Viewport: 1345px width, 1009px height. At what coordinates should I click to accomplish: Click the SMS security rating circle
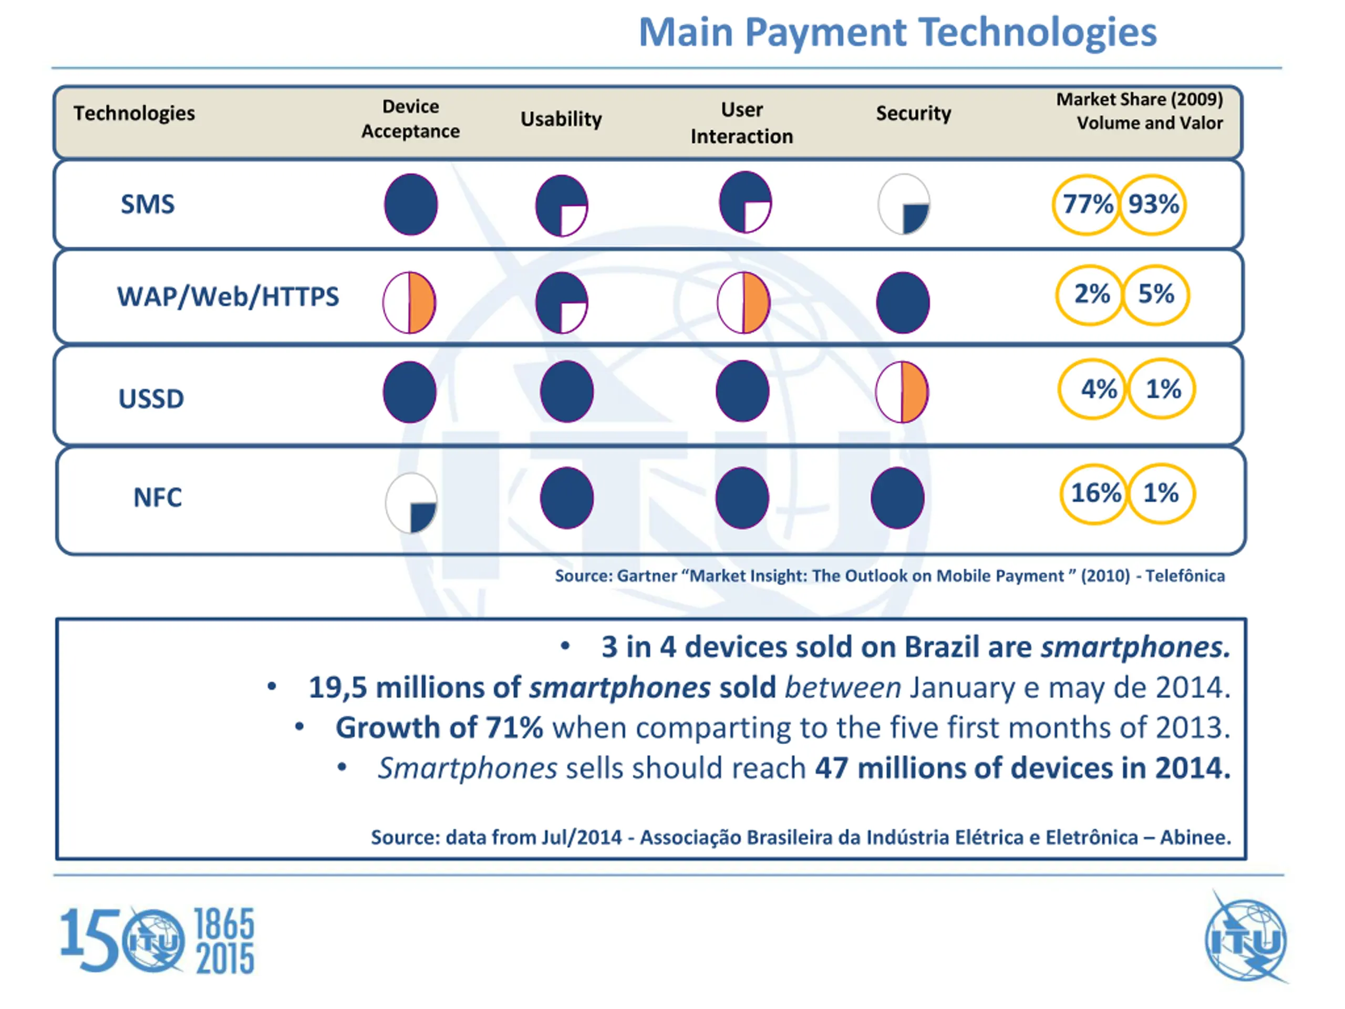click(x=904, y=204)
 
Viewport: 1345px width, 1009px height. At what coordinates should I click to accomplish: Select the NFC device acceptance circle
click(x=411, y=503)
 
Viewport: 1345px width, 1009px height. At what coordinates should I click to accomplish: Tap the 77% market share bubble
click(x=1087, y=204)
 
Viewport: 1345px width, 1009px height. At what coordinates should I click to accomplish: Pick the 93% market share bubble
click(x=1153, y=204)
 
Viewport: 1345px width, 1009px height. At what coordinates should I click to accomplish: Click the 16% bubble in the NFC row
click(x=1094, y=493)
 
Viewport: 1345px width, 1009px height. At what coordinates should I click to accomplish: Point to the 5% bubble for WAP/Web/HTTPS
click(x=1156, y=294)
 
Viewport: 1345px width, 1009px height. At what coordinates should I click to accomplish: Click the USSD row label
click(x=151, y=399)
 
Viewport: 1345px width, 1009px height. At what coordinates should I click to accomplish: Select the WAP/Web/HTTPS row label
click(x=228, y=297)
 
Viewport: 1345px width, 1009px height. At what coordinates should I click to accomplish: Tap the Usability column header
click(x=561, y=119)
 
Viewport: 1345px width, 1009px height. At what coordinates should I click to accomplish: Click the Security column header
click(x=913, y=114)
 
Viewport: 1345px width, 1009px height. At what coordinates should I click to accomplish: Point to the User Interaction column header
click(x=742, y=123)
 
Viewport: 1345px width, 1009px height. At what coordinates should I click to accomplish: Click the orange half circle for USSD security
click(x=902, y=392)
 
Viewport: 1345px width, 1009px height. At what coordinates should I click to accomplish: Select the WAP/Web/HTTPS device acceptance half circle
click(x=409, y=302)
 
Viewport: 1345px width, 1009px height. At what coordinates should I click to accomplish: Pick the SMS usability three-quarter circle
click(x=562, y=205)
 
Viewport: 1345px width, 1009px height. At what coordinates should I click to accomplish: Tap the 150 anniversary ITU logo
click(x=157, y=940)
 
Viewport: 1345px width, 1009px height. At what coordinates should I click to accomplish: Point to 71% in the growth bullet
click(x=514, y=728)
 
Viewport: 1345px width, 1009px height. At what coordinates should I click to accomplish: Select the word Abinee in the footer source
click(x=1194, y=838)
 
